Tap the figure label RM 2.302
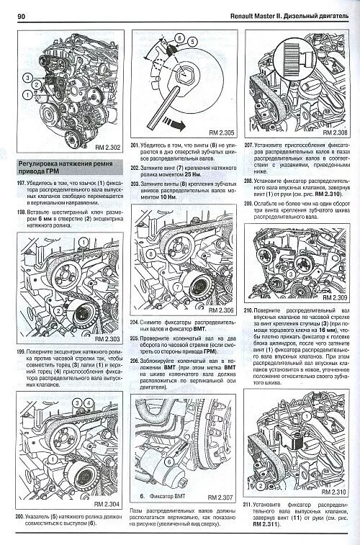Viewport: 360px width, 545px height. coord(109,148)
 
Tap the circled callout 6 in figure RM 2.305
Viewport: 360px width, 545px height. coord(180,37)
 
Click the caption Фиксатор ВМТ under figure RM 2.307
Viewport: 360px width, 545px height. coord(166,497)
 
